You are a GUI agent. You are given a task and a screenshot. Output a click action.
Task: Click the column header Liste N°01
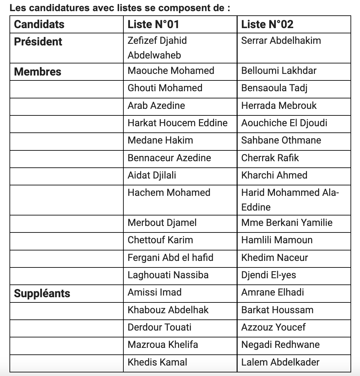pyautogui.click(x=153, y=25)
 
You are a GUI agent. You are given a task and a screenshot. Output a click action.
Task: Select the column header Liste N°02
pyautogui.click(x=267, y=25)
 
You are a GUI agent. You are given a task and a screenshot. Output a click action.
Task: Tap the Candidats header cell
pyautogui.click(x=39, y=25)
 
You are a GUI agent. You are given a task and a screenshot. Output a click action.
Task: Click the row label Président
pyautogui.click(x=38, y=42)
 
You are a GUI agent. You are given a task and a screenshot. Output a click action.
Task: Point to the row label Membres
pyautogui.click(x=38, y=72)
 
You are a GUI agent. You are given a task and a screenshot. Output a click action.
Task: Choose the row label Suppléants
pyautogui.click(x=42, y=293)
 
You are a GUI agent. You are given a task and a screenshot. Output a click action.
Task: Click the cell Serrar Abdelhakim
pyautogui.click(x=281, y=41)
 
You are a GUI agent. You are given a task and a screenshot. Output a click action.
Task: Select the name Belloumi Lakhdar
pyautogui.click(x=279, y=71)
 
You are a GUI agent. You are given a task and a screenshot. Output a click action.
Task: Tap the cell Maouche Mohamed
pyautogui.click(x=171, y=71)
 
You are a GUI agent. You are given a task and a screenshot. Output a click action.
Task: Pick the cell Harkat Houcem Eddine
pyautogui.click(x=177, y=123)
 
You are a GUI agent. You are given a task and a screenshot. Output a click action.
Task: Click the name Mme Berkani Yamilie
pyautogui.click(x=287, y=223)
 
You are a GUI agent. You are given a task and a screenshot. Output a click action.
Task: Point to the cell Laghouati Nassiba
pyautogui.click(x=168, y=275)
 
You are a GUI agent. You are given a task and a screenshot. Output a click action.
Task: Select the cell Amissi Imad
pyautogui.click(x=154, y=292)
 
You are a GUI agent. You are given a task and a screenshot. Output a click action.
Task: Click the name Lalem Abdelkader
pyautogui.click(x=280, y=362)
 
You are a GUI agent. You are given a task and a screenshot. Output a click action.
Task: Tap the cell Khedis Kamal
pyautogui.click(x=157, y=362)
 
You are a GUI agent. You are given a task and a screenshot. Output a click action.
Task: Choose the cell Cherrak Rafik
pyautogui.click(x=270, y=158)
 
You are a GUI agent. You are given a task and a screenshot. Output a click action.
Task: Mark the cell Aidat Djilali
pyautogui.click(x=152, y=175)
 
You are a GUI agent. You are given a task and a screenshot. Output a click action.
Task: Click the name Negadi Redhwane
pyautogui.click(x=280, y=345)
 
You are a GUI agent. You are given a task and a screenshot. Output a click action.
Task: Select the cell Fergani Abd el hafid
pyautogui.click(x=170, y=258)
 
